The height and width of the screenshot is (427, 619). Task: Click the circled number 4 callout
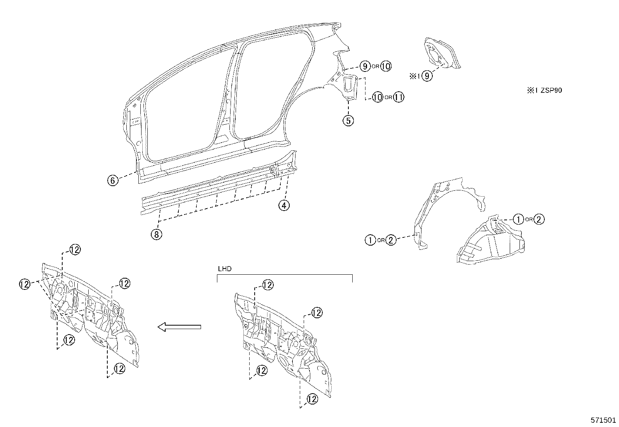[x=284, y=205]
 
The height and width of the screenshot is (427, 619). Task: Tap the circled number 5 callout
[x=348, y=120]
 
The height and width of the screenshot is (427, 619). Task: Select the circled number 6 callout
[x=113, y=180]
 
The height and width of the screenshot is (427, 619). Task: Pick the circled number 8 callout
[x=157, y=234]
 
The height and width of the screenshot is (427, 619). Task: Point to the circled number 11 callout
[x=398, y=97]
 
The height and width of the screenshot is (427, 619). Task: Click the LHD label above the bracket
[x=224, y=269]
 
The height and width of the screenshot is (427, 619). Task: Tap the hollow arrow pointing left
[x=179, y=327]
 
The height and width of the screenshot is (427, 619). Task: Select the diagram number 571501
[x=603, y=420]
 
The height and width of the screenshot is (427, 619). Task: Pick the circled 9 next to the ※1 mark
[x=427, y=76]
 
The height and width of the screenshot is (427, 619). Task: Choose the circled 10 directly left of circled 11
[x=377, y=97]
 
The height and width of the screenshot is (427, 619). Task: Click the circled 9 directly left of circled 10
[x=364, y=66]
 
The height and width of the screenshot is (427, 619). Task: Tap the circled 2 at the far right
[x=539, y=220]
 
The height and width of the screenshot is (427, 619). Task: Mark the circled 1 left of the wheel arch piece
[x=371, y=240]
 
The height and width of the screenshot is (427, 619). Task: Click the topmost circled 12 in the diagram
[x=75, y=250]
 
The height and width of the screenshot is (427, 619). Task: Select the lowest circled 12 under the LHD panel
[x=312, y=399]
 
